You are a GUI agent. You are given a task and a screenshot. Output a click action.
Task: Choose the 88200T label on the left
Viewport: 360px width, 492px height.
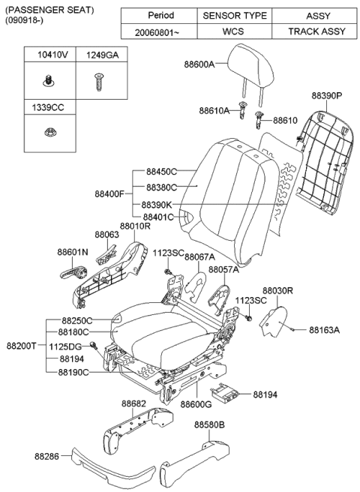tap(22, 346)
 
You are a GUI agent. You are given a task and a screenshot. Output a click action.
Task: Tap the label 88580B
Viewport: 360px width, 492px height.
tap(211, 424)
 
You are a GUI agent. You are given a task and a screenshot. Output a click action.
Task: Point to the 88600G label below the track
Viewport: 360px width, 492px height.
tap(196, 404)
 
